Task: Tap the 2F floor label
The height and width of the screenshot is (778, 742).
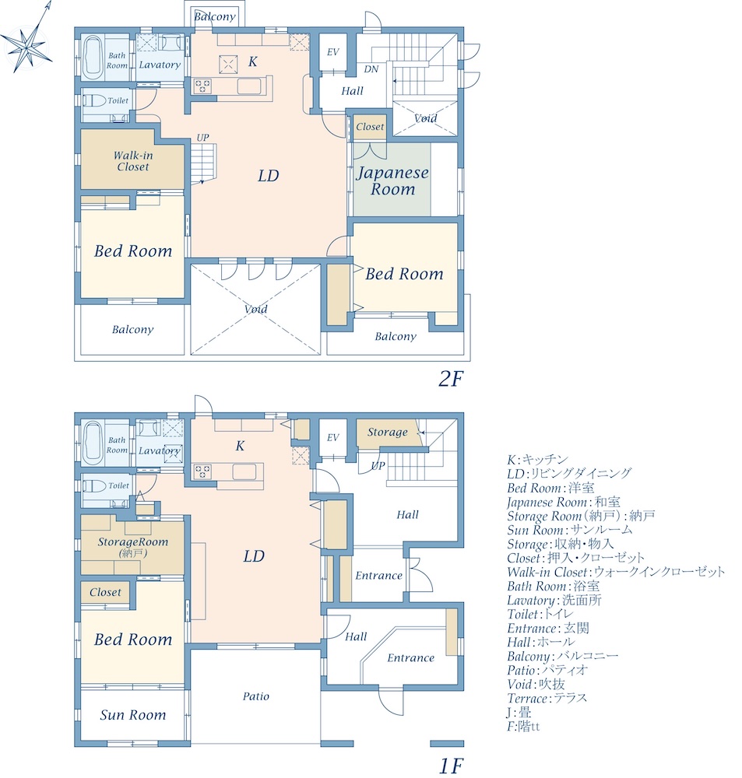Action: (x=451, y=379)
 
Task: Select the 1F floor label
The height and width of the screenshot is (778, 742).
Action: (x=451, y=766)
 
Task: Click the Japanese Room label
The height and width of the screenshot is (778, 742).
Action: (x=392, y=180)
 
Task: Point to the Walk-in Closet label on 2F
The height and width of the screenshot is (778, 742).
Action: (x=133, y=161)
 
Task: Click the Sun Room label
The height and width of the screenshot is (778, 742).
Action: (x=132, y=714)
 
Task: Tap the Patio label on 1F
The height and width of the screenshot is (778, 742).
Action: (x=256, y=696)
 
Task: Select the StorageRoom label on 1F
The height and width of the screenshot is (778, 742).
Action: (x=132, y=541)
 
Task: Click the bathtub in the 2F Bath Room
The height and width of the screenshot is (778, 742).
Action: (x=93, y=58)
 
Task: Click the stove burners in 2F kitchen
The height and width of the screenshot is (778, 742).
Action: (x=202, y=86)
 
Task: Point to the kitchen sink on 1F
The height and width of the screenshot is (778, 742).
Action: (x=244, y=471)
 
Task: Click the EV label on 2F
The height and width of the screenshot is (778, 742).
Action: (x=332, y=52)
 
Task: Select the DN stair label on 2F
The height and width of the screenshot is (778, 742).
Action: (x=371, y=69)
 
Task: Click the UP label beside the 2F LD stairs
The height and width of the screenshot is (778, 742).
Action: (x=202, y=138)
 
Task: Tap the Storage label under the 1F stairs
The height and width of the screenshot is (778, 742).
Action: (x=388, y=432)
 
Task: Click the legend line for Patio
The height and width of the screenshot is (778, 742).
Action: (x=547, y=671)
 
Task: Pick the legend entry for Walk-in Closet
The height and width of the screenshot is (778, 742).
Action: (x=616, y=572)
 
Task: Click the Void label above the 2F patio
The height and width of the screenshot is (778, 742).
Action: (x=256, y=309)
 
